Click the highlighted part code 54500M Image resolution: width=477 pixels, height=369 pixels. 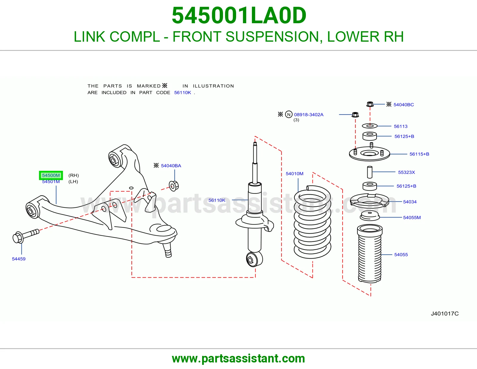coord(51,175)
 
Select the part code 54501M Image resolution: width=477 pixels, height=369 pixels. coord(51,182)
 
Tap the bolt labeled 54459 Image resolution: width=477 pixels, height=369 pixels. coord(26,236)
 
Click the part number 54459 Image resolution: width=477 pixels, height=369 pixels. coord(19,259)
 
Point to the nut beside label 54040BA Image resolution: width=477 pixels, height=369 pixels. coord(174,186)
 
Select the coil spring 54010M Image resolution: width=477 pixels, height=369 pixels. coord(312,222)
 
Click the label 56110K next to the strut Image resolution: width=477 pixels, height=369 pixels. coord(217,200)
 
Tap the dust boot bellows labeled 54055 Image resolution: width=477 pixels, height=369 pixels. coord(370,253)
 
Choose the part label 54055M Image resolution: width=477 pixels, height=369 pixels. coord(412,218)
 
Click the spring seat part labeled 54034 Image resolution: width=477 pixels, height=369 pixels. coord(369,200)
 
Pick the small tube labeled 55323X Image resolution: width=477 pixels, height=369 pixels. coord(370,172)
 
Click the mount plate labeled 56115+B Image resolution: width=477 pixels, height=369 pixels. coord(369,153)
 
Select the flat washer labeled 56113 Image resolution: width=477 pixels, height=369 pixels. coord(370,126)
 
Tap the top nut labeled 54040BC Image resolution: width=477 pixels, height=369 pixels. coord(370,104)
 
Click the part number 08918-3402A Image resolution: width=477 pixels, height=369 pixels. coord(309,115)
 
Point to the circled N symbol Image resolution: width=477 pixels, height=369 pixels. coord(289,114)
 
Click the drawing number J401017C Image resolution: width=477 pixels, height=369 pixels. coord(445,314)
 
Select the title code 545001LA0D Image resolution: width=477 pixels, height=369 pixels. coord(239,15)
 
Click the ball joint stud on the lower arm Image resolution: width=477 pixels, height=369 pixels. coord(167,249)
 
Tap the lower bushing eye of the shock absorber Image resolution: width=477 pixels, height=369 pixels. coord(254,259)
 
